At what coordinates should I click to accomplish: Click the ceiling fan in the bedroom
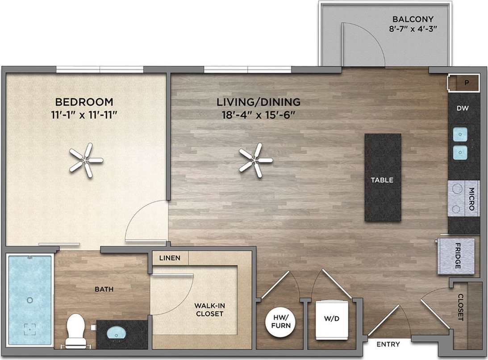[x=86, y=160]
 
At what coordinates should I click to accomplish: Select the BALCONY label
[x=413, y=19]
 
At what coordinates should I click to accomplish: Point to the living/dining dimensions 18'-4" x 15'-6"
[x=259, y=114]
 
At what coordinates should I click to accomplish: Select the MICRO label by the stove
[x=472, y=199]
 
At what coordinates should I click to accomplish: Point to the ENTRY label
[x=388, y=344]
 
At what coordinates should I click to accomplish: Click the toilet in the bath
[x=75, y=330]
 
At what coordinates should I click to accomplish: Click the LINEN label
[x=170, y=258]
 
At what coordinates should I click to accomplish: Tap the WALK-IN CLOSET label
[x=209, y=310]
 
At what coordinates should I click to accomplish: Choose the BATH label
[x=104, y=289]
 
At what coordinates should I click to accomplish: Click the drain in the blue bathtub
[x=29, y=300]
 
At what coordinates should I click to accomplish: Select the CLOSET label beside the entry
[x=460, y=307]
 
